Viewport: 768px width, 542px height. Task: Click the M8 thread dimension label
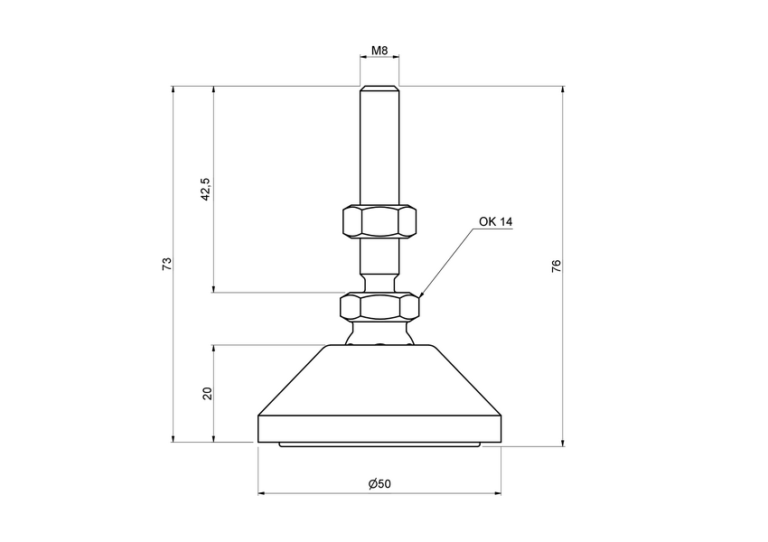(379, 51)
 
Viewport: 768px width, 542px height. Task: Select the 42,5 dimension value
(205, 189)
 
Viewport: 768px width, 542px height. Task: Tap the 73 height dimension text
(165, 264)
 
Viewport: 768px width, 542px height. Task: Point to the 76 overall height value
(557, 266)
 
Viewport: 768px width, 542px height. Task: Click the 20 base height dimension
(207, 394)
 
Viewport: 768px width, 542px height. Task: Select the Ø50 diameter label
(379, 484)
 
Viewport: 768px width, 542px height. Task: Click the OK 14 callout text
(496, 221)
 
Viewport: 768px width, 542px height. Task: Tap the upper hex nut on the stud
(379, 220)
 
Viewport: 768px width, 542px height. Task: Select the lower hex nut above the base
(379, 307)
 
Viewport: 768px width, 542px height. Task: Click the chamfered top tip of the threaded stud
(379, 89)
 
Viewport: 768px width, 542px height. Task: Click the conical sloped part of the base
(379, 379)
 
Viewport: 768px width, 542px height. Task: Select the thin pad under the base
(379, 445)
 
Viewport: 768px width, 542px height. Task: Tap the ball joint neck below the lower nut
(379, 333)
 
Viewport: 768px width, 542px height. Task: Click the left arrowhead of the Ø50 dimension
(262, 494)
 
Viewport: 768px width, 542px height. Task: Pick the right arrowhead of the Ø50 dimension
(498, 494)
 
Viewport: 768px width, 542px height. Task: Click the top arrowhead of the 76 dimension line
(563, 90)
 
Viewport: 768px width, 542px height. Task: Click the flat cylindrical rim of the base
(379, 428)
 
